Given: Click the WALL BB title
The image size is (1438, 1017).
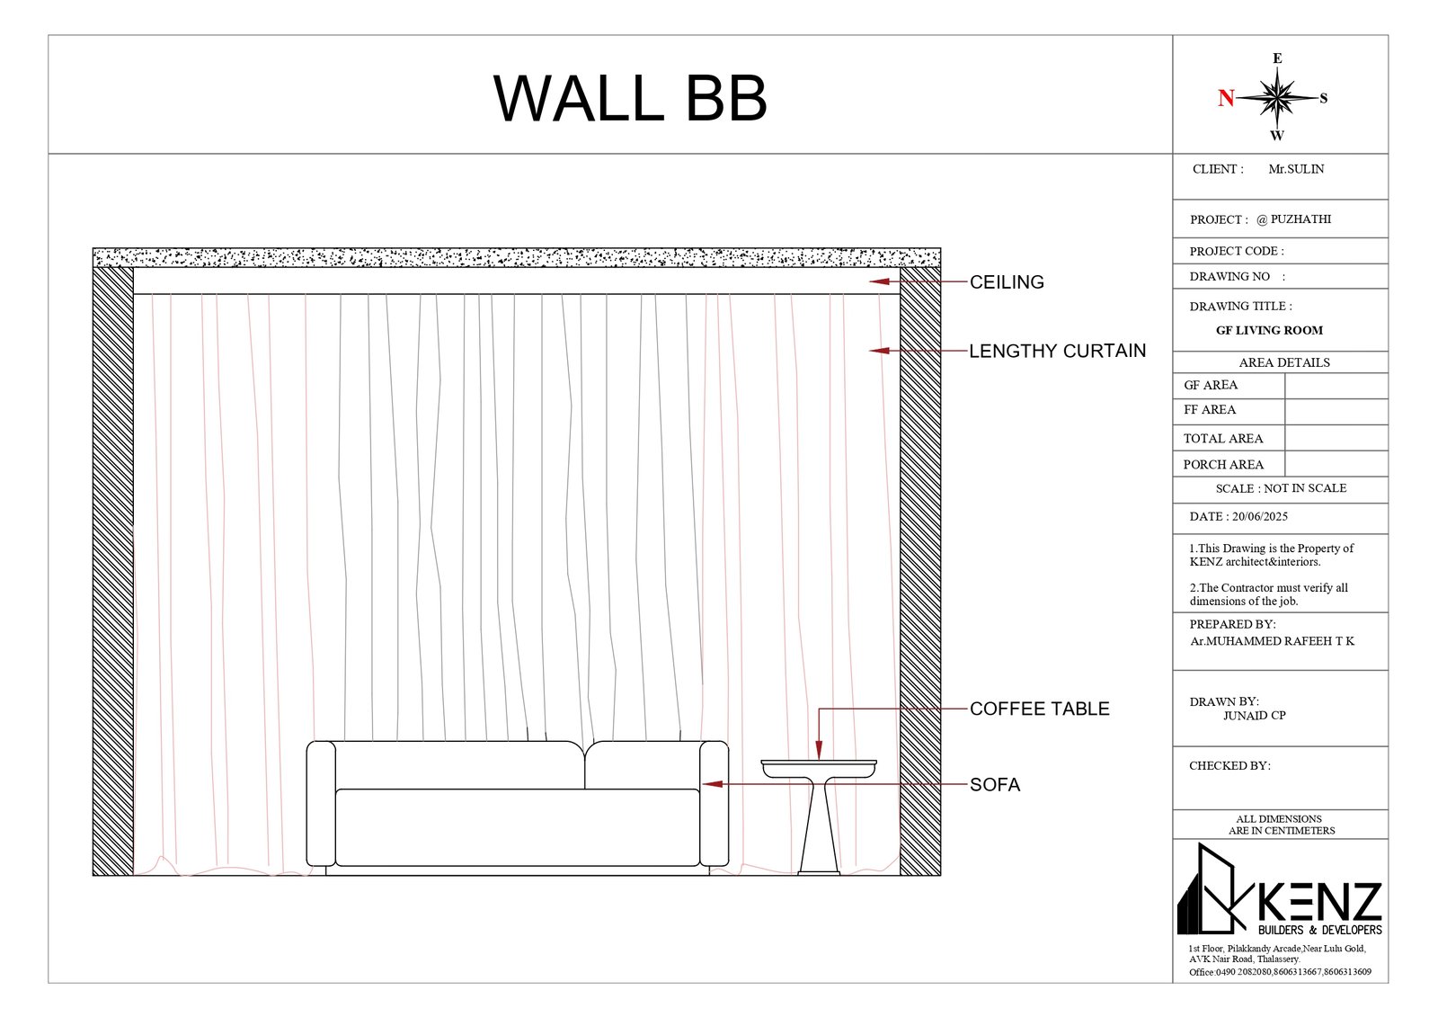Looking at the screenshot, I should pos(630,98).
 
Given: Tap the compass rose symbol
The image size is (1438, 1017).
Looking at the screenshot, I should pos(1276,97).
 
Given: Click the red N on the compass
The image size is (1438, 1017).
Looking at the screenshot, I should pos(1226,98).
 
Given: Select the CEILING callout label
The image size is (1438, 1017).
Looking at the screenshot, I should pos(1007,282).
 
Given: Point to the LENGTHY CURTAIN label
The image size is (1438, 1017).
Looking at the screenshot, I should pos(1057,352).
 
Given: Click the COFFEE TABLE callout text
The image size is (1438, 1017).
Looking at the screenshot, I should pos(1039,709).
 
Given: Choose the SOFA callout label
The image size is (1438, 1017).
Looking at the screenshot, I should pos(995,785).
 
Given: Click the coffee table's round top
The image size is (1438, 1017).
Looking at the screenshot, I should pos(819,767).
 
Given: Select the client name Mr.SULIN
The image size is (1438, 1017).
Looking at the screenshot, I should pos(1296,169).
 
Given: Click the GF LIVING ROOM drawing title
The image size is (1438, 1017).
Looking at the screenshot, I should pos(1269,331).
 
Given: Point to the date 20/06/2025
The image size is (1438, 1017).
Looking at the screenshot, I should pos(1260,517).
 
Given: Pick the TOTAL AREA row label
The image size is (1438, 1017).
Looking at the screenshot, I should pos(1223,439).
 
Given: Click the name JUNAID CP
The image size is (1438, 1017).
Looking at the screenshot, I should pos(1254,716).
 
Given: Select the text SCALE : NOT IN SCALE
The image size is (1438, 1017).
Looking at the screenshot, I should pos(1281,488).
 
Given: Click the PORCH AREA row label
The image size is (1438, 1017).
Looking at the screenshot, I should pos(1223,465).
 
